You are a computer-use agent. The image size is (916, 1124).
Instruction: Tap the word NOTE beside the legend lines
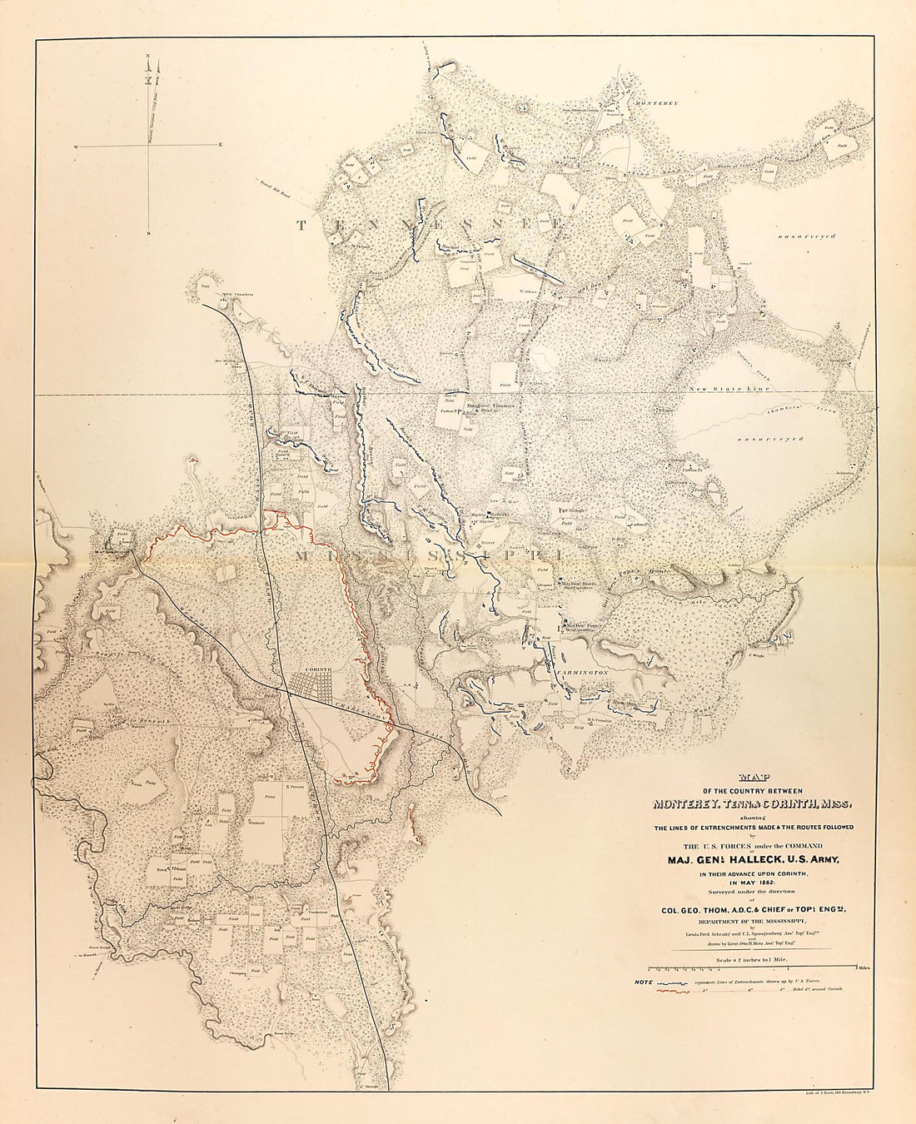(x=644, y=983)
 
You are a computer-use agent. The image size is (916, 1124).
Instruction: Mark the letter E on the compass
(x=221, y=146)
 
